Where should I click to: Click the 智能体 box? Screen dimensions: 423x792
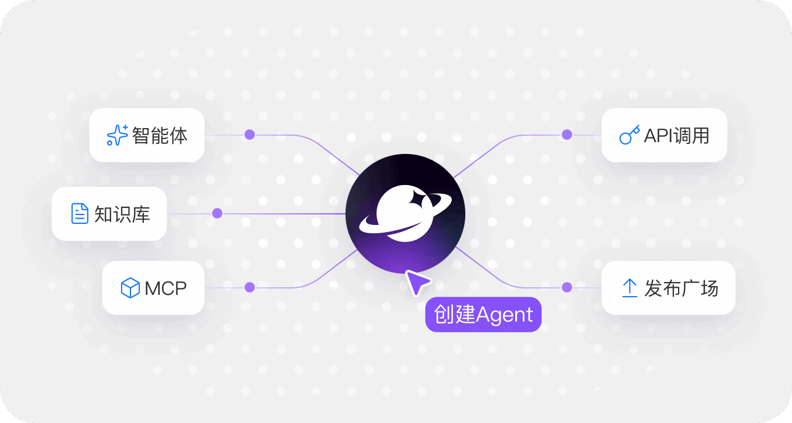pyautogui.click(x=147, y=135)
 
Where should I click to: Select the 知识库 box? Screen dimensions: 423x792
pyautogui.click(x=109, y=214)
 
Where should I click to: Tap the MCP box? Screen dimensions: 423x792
pyautogui.click(x=153, y=288)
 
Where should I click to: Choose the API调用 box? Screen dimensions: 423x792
pyautogui.click(x=664, y=135)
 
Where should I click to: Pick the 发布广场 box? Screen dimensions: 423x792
pyautogui.click(x=668, y=288)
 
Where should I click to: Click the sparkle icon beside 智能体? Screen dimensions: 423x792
pyautogui.click(x=117, y=135)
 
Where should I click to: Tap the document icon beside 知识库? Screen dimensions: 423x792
pyautogui.click(x=80, y=214)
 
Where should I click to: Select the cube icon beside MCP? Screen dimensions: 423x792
pyautogui.click(x=130, y=288)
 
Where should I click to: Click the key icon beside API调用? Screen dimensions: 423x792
pyautogui.click(x=629, y=136)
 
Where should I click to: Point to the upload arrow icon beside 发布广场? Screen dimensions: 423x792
pyautogui.click(x=629, y=288)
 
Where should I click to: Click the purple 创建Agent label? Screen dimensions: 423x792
pyautogui.click(x=483, y=315)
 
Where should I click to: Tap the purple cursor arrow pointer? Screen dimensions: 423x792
pyautogui.click(x=417, y=283)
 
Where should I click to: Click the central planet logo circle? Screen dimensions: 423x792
pyautogui.click(x=405, y=214)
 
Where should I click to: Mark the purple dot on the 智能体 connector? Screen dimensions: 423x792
pyautogui.click(x=250, y=135)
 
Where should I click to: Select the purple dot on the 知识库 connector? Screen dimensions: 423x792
pyautogui.click(x=217, y=213)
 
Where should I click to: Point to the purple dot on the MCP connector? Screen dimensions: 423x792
pyautogui.click(x=250, y=287)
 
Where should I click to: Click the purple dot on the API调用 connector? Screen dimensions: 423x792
pyautogui.click(x=567, y=135)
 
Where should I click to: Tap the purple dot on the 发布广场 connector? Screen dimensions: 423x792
pyautogui.click(x=567, y=287)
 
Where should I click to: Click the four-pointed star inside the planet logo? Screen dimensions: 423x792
pyautogui.click(x=421, y=199)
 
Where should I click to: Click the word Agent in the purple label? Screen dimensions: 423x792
pyautogui.click(x=505, y=315)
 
